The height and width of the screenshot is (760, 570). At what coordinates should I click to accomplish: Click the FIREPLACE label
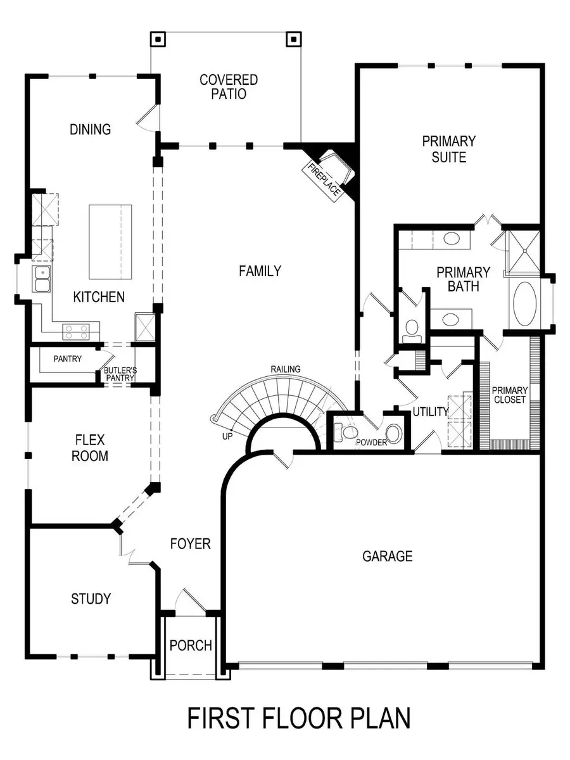pos(322,180)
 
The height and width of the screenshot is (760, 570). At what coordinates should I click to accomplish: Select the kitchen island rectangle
pos(110,242)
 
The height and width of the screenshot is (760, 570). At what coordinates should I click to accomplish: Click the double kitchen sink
pos(42,279)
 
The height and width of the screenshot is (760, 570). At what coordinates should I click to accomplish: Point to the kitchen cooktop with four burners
pos(76,329)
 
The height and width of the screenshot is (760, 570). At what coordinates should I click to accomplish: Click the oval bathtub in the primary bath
pos(524,303)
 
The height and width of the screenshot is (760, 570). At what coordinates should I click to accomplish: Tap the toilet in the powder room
pos(347,433)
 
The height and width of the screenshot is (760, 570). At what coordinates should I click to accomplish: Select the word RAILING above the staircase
pos(286,369)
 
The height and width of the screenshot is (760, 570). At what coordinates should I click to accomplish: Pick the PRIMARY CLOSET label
pos(509,395)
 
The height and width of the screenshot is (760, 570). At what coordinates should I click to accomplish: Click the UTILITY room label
pos(431,412)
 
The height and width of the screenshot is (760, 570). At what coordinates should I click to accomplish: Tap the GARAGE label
pos(388,556)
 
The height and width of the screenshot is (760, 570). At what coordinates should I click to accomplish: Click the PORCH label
pos(191,645)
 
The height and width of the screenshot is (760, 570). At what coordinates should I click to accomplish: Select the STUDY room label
pos(91,598)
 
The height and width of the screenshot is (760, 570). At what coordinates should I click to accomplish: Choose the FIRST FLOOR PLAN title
pos(299,719)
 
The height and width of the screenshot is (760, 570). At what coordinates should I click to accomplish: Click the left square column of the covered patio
pos(158,39)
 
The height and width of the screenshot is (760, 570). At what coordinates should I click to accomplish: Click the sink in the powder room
pos(394,434)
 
